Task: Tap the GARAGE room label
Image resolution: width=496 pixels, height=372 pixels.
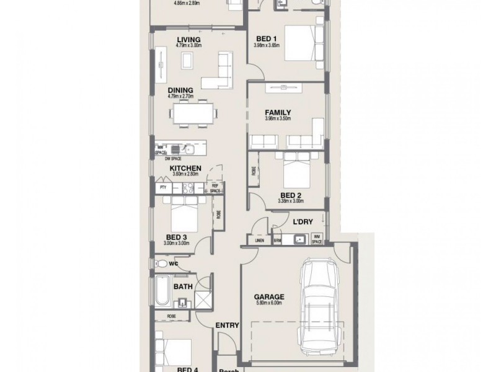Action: pyautogui.click(x=268, y=296)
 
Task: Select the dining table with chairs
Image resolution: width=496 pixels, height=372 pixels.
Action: pyautogui.click(x=195, y=114)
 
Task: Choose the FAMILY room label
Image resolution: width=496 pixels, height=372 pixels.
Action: pyautogui.click(x=278, y=112)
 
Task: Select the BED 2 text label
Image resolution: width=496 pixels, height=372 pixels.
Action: pyautogui.click(x=287, y=194)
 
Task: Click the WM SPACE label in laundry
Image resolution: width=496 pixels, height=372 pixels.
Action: pyautogui.click(x=316, y=239)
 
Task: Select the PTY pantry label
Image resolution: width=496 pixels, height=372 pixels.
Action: pyautogui.click(x=164, y=187)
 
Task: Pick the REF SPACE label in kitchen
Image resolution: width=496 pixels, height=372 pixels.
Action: pyautogui.click(x=215, y=188)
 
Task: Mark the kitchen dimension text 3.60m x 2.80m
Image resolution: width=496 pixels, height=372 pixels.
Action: pyautogui.click(x=185, y=175)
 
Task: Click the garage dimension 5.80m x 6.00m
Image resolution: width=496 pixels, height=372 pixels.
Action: pyautogui.click(x=268, y=303)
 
